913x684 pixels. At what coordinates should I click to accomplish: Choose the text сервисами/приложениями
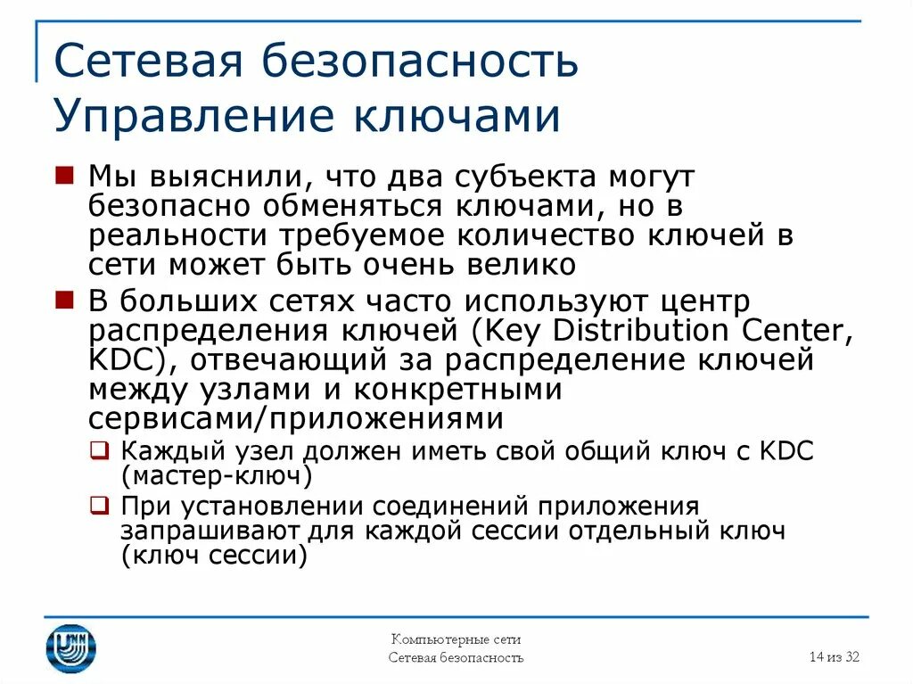click(x=296, y=419)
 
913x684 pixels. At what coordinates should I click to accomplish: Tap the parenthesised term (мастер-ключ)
click(x=217, y=475)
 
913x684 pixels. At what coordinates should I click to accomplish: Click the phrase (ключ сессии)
click(x=214, y=556)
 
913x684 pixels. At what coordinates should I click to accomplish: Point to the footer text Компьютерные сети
click(x=456, y=639)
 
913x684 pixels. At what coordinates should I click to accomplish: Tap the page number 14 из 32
click(x=834, y=657)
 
